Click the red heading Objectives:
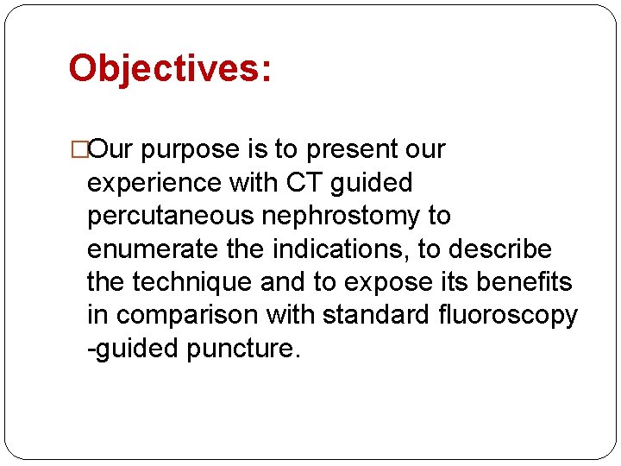(x=170, y=69)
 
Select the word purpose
(x=190, y=149)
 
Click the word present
(x=350, y=149)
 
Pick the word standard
(x=373, y=316)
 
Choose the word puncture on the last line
(x=244, y=349)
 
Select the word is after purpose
(x=256, y=149)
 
